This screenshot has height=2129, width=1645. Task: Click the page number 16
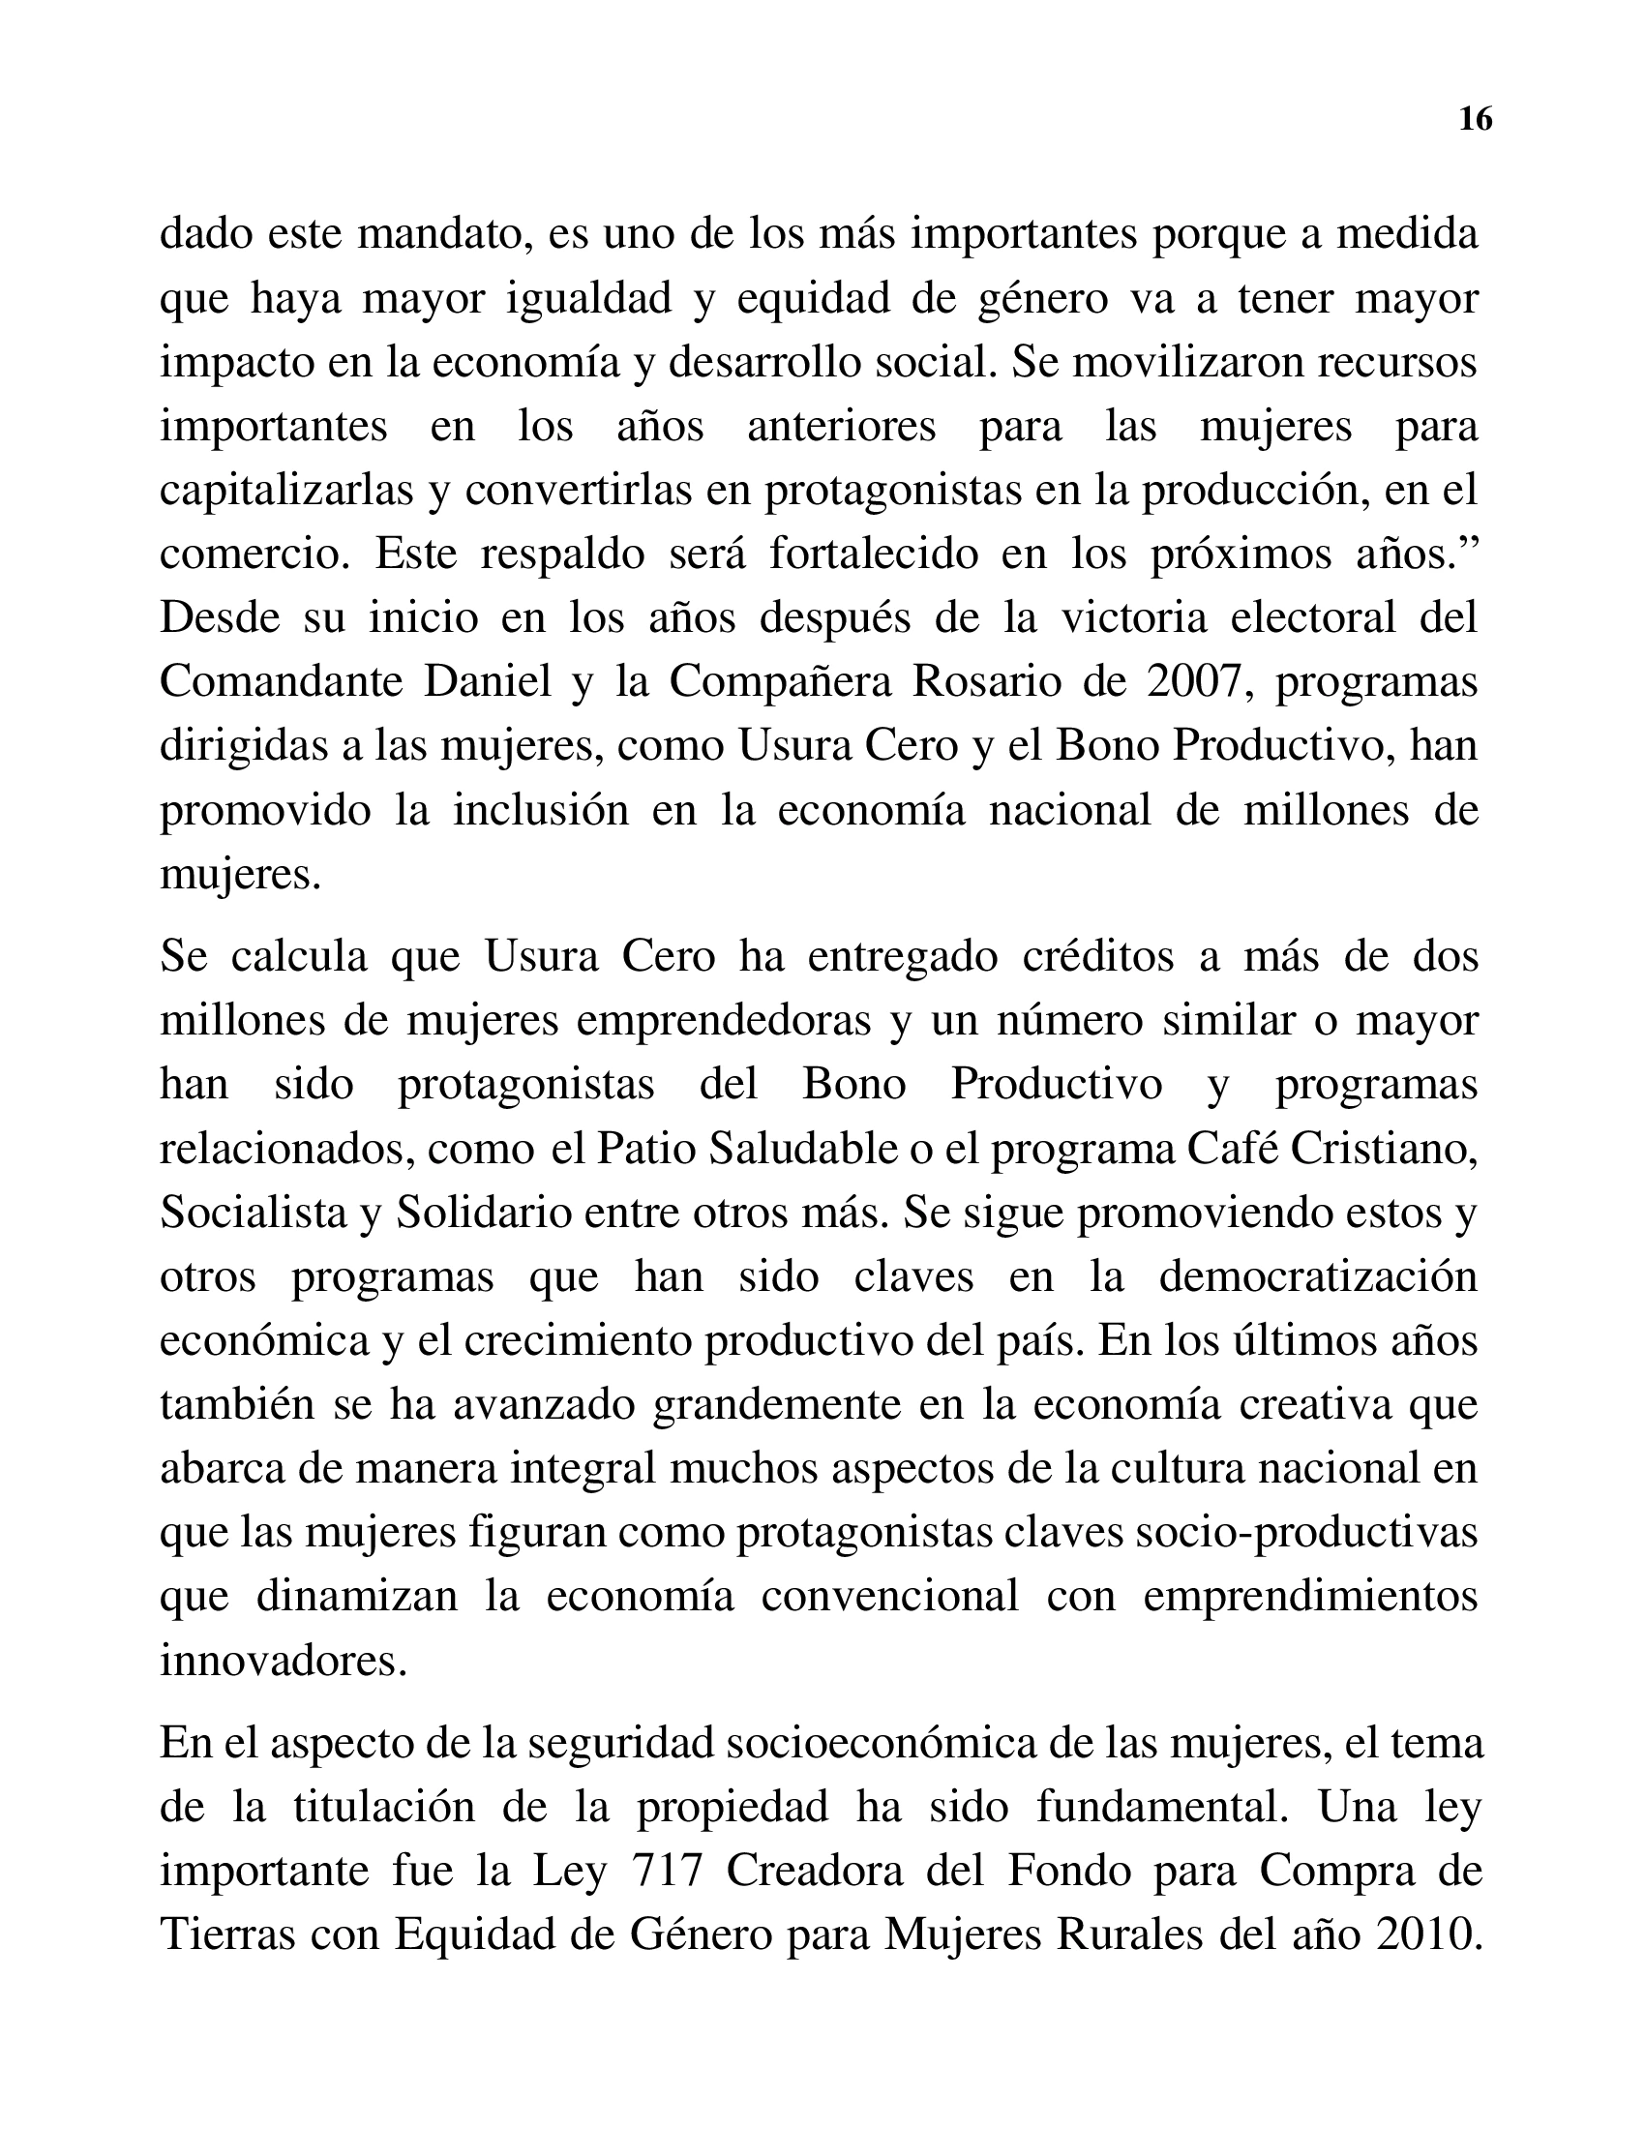(1476, 119)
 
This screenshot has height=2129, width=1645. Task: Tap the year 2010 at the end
(1426, 1934)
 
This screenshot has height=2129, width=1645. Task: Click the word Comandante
(280, 681)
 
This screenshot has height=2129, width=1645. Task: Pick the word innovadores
(283, 1660)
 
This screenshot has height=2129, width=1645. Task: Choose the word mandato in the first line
(444, 234)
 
